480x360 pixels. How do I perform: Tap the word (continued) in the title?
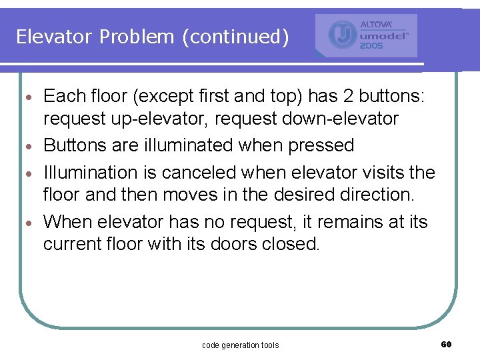pos(235,37)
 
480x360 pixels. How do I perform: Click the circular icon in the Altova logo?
pos(342,35)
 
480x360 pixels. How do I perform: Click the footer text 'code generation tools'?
pos(240,345)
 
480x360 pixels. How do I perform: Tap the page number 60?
pos(446,344)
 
